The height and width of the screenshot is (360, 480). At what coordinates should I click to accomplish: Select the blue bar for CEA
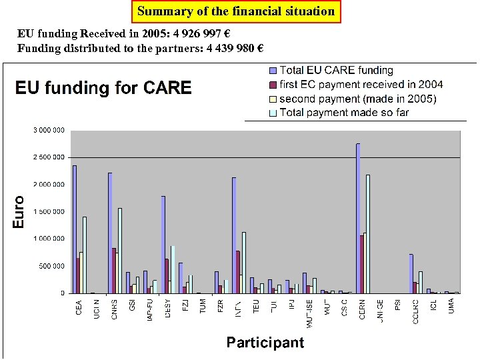tap(75, 229)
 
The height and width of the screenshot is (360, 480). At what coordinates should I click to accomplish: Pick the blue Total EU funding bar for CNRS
tap(110, 233)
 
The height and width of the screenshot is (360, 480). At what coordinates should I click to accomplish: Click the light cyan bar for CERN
tap(368, 234)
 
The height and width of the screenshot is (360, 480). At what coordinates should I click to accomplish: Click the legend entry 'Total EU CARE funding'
tap(336, 70)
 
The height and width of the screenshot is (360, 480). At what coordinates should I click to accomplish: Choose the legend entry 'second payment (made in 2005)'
tap(358, 99)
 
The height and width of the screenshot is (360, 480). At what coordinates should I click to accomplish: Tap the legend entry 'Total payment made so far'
tap(344, 113)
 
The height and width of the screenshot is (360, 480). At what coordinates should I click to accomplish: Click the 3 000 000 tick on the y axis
tap(49, 130)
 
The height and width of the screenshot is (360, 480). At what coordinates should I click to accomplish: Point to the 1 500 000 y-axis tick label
tap(49, 211)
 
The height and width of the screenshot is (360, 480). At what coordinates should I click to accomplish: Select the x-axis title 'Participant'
tap(265, 343)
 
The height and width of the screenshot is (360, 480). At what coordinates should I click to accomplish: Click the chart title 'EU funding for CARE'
tap(103, 88)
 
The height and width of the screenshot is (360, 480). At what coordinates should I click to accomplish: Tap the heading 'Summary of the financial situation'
tap(236, 11)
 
